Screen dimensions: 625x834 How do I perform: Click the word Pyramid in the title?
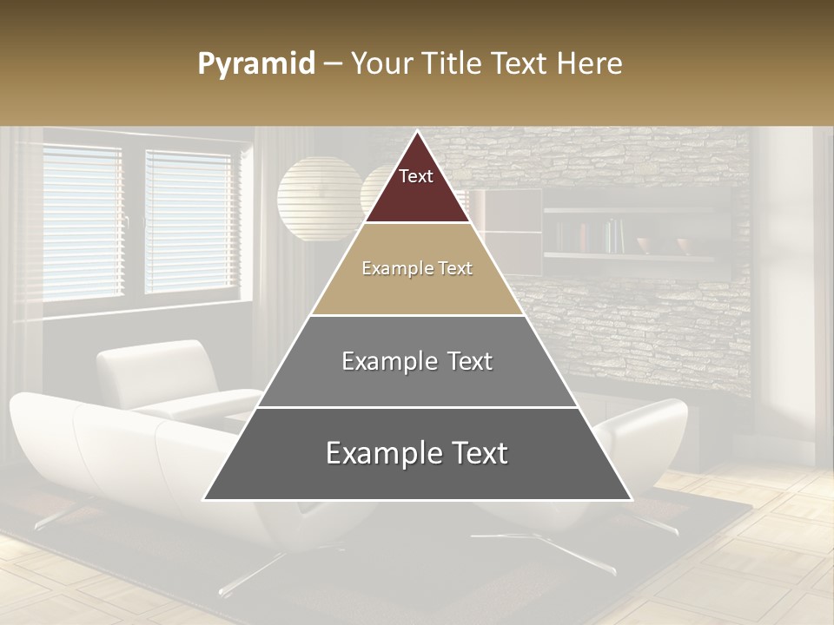[x=255, y=64]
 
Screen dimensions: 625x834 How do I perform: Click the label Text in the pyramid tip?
[x=416, y=176]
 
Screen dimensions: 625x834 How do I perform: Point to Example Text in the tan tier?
[x=417, y=268]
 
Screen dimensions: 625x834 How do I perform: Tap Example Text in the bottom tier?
[x=417, y=453]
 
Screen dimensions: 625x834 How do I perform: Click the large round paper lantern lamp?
[x=318, y=198]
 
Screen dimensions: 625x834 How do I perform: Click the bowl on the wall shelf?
[x=686, y=245]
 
